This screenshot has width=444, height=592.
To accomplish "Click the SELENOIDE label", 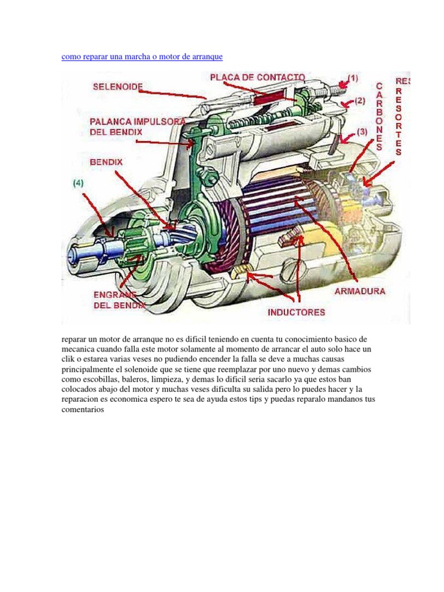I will click(x=117, y=87).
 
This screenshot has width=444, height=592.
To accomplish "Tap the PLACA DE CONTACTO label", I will click(x=257, y=77).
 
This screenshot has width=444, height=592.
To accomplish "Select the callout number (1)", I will click(x=352, y=77).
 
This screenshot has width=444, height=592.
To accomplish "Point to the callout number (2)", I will click(x=360, y=101).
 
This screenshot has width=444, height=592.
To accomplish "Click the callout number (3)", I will click(x=362, y=132).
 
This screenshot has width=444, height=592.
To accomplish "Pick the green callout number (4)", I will click(x=78, y=183).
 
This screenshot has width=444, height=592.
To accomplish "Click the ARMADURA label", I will click(x=360, y=291).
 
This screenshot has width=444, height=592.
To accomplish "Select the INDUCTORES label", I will click(x=296, y=312).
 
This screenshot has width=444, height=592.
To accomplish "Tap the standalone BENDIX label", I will click(x=106, y=162).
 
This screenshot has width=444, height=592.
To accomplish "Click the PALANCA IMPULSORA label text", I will click(x=137, y=122).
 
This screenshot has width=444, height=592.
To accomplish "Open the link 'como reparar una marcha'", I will click(x=142, y=57).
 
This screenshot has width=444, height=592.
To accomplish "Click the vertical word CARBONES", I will click(x=379, y=116).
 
